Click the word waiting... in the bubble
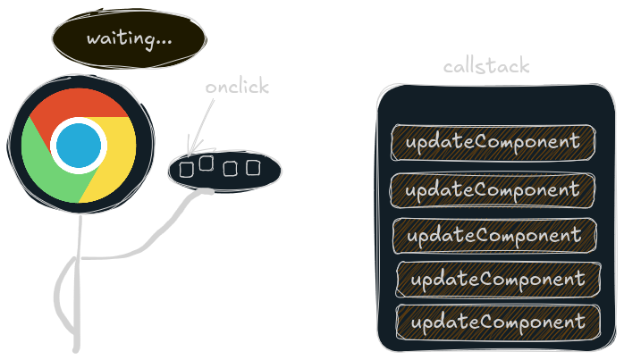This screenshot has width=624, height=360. [129, 39]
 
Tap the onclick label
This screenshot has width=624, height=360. [236, 88]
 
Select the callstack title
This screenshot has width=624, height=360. [486, 67]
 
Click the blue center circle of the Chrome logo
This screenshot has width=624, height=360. [79, 144]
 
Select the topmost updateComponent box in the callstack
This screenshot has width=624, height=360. [493, 142]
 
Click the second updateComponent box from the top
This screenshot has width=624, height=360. [493, 190]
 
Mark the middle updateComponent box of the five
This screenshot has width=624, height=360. [493, 236]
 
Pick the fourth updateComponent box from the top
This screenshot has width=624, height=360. [498, 280]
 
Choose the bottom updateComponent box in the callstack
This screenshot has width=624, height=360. [498, 322]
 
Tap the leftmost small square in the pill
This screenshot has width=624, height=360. [187, 168]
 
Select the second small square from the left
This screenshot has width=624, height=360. [207, 163]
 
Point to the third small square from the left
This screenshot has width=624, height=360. [231, 168]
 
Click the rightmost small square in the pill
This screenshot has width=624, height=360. [253, 167]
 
